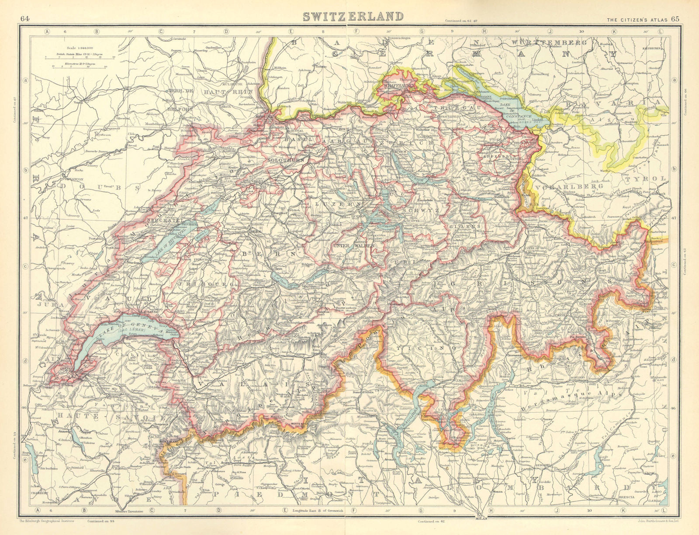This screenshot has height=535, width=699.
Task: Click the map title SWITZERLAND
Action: pyautogui.click(x=353, y=16)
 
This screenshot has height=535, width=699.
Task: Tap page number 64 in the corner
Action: pyautogui.click(x=24, y=18)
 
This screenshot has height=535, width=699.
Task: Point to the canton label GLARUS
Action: pyautogui.click(x=469, y=227)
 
